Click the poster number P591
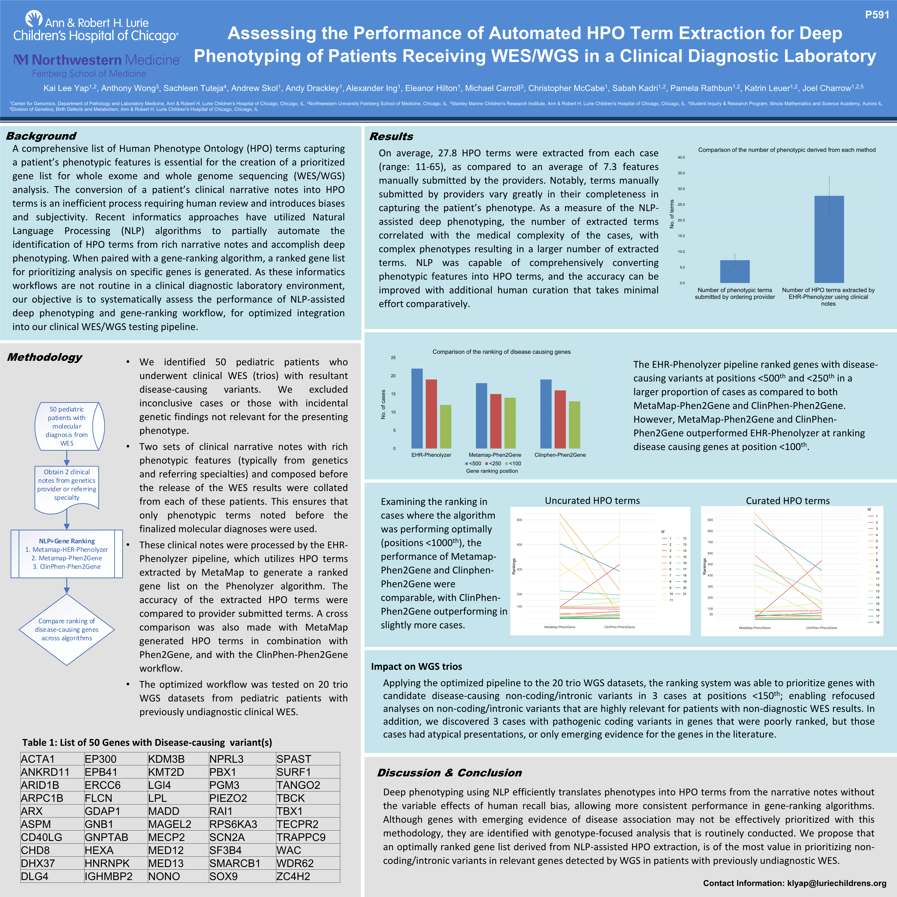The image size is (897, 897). pyautogui.click(x=877, y=15)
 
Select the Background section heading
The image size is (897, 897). pyautogui.click(x=41, y=136)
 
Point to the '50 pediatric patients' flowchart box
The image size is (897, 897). pyautogui.click(x=67, y=426)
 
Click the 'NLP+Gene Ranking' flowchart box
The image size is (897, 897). pyautogui.click(x=67, y=554)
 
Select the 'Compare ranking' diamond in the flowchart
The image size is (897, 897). pyautogui.click(x=67, y=630)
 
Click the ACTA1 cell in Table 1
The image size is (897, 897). pyautogui.click(x=38, y=759)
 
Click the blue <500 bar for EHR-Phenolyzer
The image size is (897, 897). pyautogui.click(x=417, y=409)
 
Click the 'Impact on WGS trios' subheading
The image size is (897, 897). pyautogui.click(x=416, y=666)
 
